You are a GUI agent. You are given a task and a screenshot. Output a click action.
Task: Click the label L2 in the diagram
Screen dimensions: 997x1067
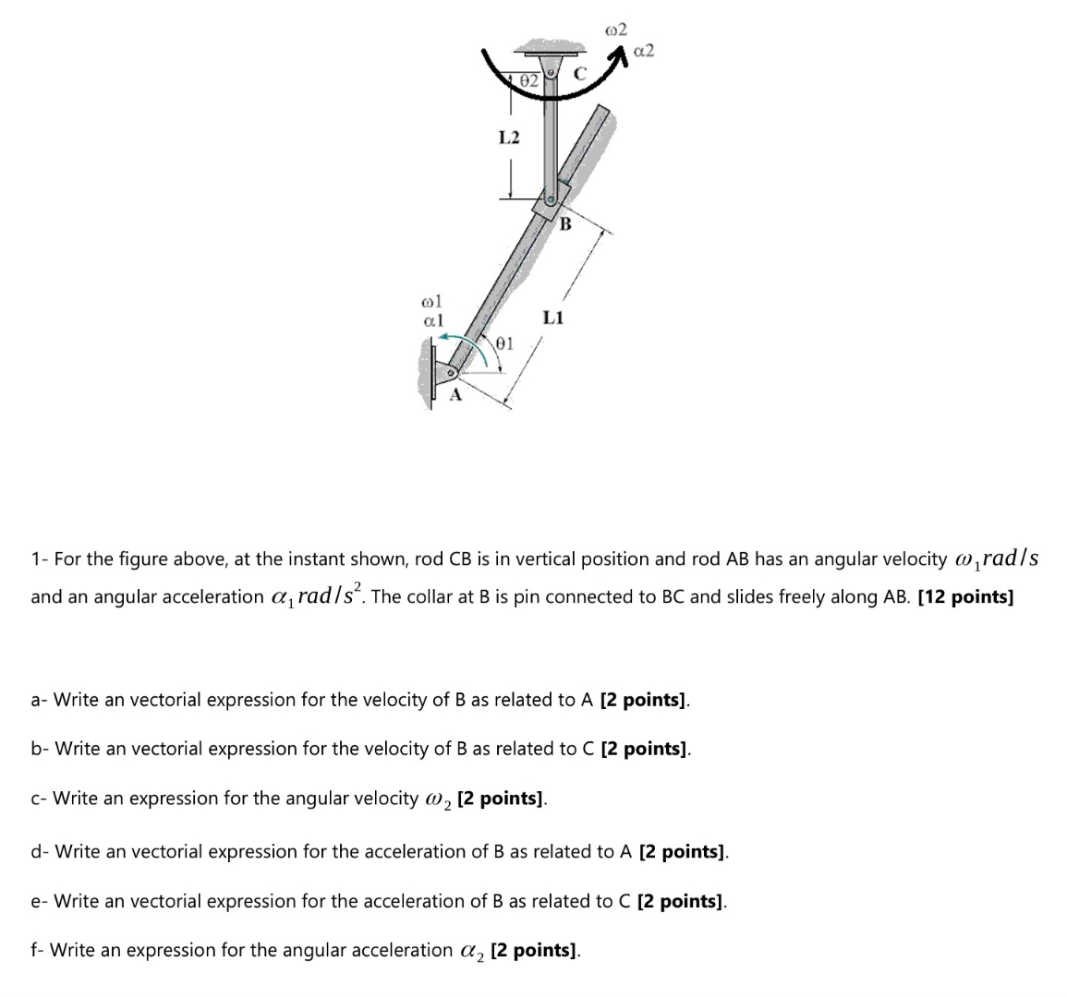pyautogui.click(x=509, y=138)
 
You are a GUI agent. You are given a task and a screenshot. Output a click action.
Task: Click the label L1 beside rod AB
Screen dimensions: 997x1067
pyautogui.click(x=552, y=318)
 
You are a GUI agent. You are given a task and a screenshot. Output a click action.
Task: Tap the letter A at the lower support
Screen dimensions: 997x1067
pyautogui.click(x=454, y=397)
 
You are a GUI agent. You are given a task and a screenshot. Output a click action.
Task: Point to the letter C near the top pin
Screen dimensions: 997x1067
pyautogui.click(x=580, y=72)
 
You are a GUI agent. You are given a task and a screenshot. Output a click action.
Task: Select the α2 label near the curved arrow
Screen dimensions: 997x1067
pyautogui.click(x=644, y=50)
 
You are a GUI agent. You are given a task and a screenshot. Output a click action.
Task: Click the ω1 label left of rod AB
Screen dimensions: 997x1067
pyautogui.click(x=432, y=301)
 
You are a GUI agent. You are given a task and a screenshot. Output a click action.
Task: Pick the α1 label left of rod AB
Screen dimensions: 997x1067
pyautogui.click(x=432, y=319)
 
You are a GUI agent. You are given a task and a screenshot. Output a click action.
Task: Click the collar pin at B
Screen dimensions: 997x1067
pyautogui.click(x=550, y=198)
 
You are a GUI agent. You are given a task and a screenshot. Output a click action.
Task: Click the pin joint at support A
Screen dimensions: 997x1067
pyautogui.click(x=452, y=374)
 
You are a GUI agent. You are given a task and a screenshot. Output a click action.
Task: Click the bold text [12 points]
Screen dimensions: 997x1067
pyautogui.click(x=965, y=596)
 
